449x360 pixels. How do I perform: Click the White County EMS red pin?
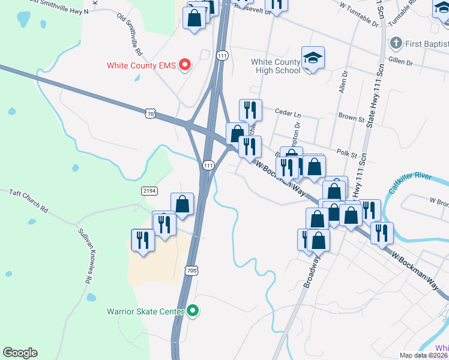pyautogui.click(x=185, y=65)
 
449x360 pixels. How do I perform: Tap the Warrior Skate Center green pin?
pyautogui.click(x=193, y=311)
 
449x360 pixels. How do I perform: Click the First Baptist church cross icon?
pyautogui.click(x=396, y=43)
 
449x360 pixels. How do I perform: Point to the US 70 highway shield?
pyautogui.click(x=150, y=112)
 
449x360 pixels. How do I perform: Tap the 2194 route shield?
pyautogui.click(x=149, y=191)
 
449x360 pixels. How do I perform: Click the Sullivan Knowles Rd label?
pyautogui.click(x=83, y=256)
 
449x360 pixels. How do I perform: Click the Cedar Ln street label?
pyautogui.click(x=288, y=112)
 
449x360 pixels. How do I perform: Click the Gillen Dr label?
pyautogui.click(x=401, y=62)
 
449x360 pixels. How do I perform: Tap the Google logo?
pyautogui.click(x=20, y=353)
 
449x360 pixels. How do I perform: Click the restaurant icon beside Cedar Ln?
pyautogui.click(x=250, y=110)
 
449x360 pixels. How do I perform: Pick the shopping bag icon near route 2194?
pyautogui.click(x=182, y=204)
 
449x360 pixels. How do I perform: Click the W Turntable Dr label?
pyautogui.click(x=359, y=16)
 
